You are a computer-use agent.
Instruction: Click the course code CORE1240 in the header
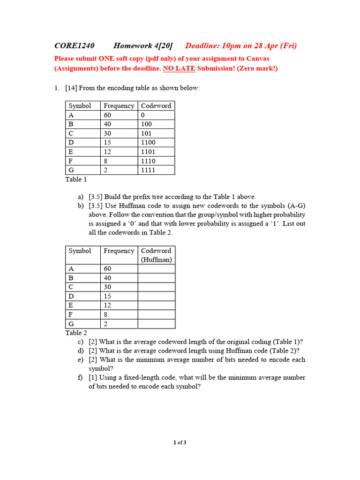pyautogui.click(x=75, y=45)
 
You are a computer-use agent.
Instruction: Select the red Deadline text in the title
pyautogui.click(x=240, y=45)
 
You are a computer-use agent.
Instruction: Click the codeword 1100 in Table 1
pyautogui.click(x=148, y=142)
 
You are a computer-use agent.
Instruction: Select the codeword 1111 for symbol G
pyautogui.click(x=148, y=170)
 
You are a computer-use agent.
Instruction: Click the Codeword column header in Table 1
pyautogui.click(x=156, y=106)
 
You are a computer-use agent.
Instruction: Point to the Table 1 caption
pyautogui.click(x=76, y=179)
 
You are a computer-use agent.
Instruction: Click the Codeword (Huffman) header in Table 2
pyautogui.click(x=156, y=255)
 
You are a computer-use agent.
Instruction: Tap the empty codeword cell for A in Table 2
pyautogui.click(x=156, y=269)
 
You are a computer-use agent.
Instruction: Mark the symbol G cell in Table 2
pyautogui.click(x=72, y=324)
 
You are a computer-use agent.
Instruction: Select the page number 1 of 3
pyautogui.click(x=180, y=442)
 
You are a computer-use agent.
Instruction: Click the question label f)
pyautogui.click(x=81, y=378)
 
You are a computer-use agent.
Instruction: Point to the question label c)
pyautogui.click(x=81, y=342)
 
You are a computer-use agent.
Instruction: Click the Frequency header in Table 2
pyautogui.click(x=119, y=251)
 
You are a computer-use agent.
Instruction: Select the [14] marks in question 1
pyautogui.click(x=71, y=88)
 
